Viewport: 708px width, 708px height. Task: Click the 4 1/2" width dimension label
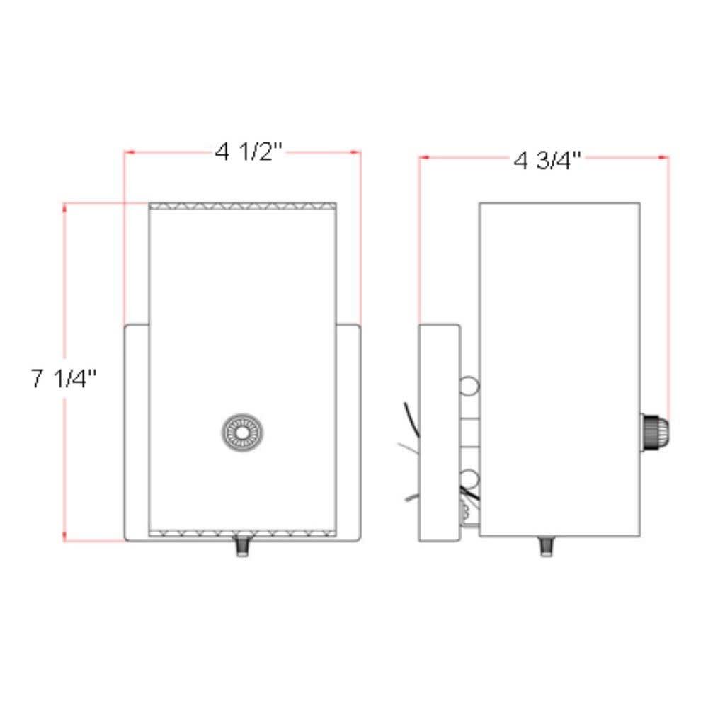(249, 152)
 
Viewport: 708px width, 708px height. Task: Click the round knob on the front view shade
(242, 431)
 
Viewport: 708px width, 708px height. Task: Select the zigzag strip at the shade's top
(242, 207)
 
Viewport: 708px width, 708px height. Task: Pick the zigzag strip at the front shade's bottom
(242, 532)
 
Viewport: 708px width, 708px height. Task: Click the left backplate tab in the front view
(137, 432)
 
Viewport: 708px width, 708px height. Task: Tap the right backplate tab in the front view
(348, 432)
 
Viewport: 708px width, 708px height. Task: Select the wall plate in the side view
(439, 433)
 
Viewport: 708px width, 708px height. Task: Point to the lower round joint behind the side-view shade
(468, 477)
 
